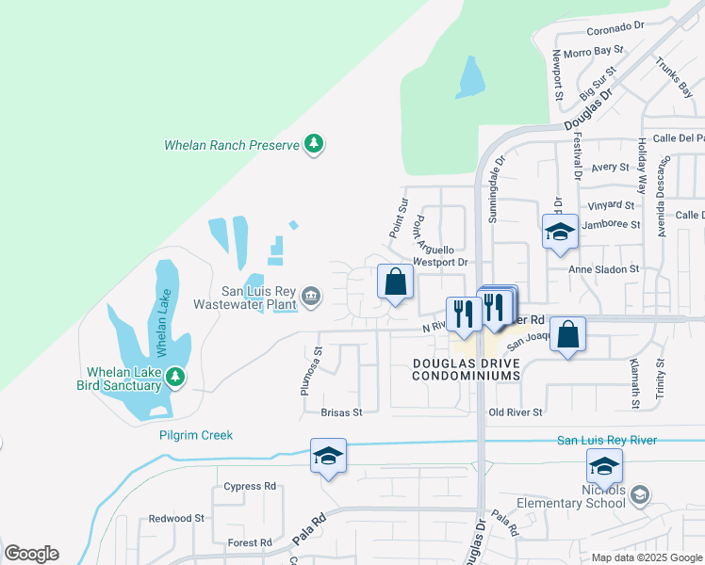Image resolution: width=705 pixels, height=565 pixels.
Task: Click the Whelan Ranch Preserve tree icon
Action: (x=314, y=144)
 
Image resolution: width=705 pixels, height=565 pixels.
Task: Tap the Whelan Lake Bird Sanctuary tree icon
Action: (x=174, y=378)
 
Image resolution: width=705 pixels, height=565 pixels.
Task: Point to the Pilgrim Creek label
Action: (x=195, y=435)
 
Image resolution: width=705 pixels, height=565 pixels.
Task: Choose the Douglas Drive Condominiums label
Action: (x=466, y=369)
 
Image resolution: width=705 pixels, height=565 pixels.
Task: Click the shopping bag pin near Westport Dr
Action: (x=396, y=281)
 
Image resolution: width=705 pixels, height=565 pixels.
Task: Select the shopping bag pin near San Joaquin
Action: (x=568, y=334)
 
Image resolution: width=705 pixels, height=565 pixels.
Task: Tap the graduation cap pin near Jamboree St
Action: (x=560, y=232)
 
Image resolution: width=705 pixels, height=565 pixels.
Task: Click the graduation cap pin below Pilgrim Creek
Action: (x=328, y=456)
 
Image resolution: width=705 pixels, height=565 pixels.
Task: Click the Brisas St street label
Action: (x=341, y=412)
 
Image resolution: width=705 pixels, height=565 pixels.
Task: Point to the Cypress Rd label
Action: (x=250, y=487)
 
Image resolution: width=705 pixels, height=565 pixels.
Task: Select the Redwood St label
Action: (x=176, y=519)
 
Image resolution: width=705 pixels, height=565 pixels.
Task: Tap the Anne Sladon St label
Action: (x=603, y=268)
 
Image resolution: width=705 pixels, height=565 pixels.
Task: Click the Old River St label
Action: (x=516, y=412)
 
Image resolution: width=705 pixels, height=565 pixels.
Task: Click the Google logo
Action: (x=31, y=554)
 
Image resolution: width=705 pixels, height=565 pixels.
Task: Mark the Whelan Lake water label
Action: (x=161, y=320)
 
